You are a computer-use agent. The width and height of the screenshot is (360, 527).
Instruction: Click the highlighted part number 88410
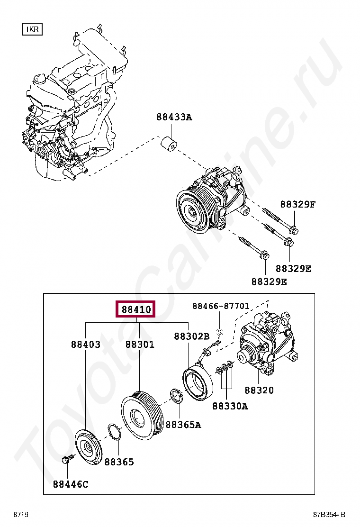136,310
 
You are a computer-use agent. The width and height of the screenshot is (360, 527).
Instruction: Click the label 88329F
297,205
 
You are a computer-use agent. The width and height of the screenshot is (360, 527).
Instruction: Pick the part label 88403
86,345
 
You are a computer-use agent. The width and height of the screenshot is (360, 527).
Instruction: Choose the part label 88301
140,345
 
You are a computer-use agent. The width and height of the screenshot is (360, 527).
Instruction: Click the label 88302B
191,336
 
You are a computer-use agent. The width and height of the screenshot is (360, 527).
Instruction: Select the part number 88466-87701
221,306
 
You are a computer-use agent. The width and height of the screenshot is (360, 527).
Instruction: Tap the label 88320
259,390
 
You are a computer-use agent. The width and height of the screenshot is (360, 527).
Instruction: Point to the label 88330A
230,406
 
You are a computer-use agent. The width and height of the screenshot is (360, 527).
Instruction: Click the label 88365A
183,425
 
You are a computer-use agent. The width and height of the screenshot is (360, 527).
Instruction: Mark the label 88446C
71,484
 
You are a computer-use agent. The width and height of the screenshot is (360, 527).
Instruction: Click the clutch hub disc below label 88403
88,447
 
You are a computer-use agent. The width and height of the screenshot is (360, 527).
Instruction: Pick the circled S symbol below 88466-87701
219,332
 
